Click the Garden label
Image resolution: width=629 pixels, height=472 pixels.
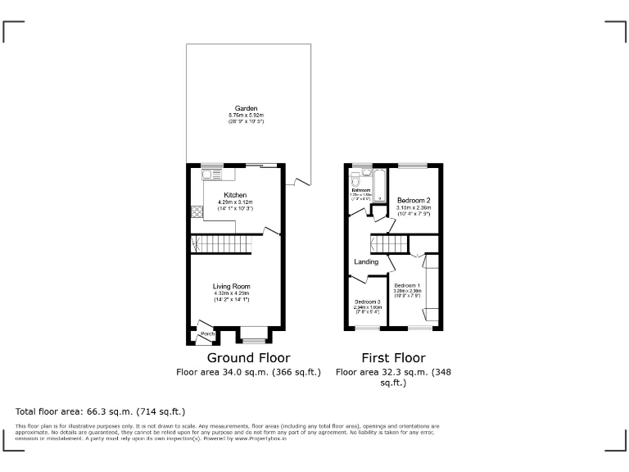247,108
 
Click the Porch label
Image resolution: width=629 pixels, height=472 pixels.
208,334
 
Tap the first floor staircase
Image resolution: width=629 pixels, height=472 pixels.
389,243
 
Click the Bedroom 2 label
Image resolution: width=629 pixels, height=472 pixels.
414,201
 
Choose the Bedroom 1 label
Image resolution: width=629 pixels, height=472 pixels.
407,284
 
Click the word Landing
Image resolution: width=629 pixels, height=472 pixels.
366,262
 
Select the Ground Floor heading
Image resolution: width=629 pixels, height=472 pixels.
248,358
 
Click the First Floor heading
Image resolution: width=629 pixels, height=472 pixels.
393,358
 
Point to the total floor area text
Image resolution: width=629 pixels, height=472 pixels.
101,411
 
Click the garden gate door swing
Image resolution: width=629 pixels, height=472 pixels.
296,180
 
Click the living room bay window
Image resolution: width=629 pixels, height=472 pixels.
254,336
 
